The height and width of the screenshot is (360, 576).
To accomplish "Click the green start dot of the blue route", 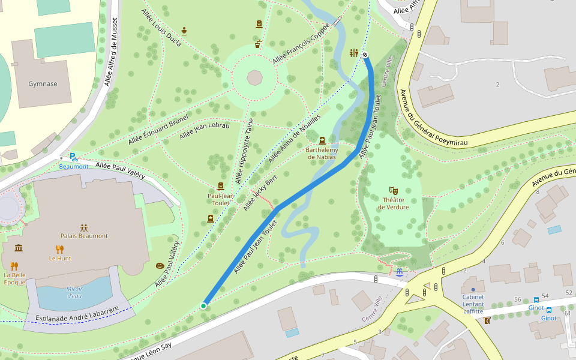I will click(203, 306).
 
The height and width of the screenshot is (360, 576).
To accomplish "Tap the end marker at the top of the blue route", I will click(365, 55).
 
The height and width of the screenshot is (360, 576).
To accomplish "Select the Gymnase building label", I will click(43, 84).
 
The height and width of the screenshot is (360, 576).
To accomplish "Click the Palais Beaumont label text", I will click(84, 236).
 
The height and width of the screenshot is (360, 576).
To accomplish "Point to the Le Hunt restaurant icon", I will click(59, 249).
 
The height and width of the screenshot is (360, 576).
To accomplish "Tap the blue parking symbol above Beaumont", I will click(73, 157).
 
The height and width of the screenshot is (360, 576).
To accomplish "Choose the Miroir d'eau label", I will click(74, 292).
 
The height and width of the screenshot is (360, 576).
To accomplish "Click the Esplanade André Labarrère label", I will click(76, 314).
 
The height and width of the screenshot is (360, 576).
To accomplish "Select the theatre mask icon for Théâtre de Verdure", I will click(393, 190).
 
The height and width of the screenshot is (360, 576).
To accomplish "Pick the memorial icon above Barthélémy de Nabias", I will click(322, 140).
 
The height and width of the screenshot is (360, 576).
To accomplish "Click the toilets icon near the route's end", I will click(353, 53).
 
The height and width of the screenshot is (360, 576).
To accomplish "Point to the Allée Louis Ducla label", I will click(163, 28).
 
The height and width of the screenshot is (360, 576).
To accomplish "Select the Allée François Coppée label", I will click(301, 44).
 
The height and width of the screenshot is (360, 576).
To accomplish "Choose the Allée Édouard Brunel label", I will click(158, 129).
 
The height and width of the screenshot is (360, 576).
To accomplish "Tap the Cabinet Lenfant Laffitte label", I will click(473, 304).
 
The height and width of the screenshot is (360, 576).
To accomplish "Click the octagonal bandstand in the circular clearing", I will click(254, 78).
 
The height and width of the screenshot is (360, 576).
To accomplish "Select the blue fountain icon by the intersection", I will click(399, 272).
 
